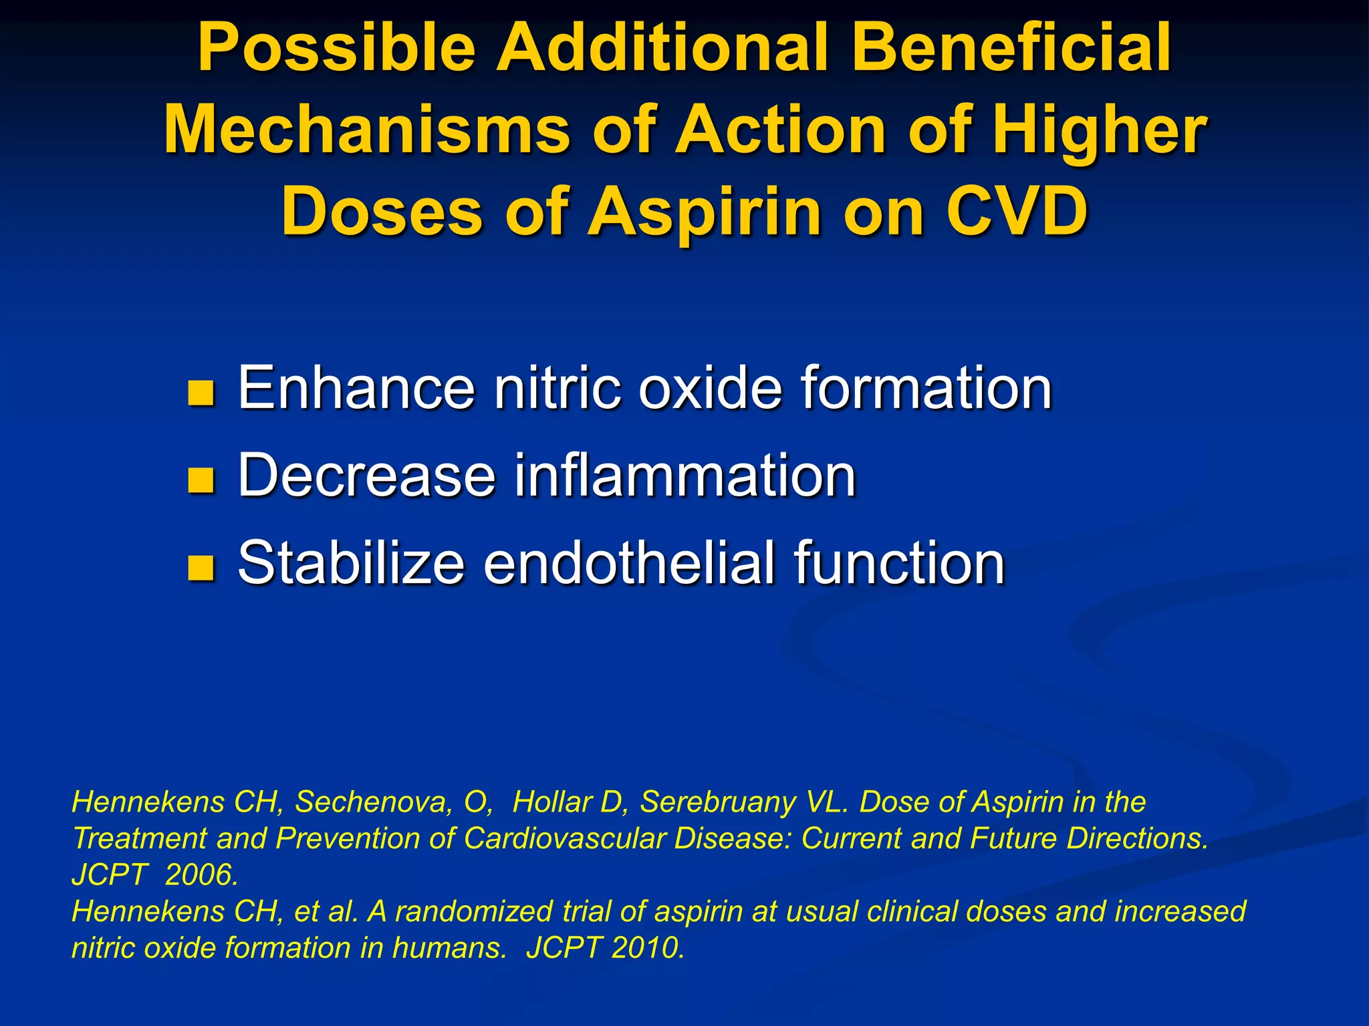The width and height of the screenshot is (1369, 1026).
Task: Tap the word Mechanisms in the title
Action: click(367, 130)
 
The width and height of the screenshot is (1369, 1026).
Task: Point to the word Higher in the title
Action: click(1100, 130)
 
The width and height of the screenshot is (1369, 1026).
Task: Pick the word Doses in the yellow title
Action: click(382, 212)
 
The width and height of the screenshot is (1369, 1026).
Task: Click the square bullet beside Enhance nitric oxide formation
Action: click(201, 393)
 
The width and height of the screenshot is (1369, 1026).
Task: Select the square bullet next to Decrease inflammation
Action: click(201, 480)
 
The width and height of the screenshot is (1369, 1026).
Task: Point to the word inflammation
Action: click(684, 475)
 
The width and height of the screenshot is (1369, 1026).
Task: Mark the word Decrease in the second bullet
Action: click(367, 475)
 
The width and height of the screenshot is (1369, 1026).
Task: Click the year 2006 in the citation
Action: click(201, 875)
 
